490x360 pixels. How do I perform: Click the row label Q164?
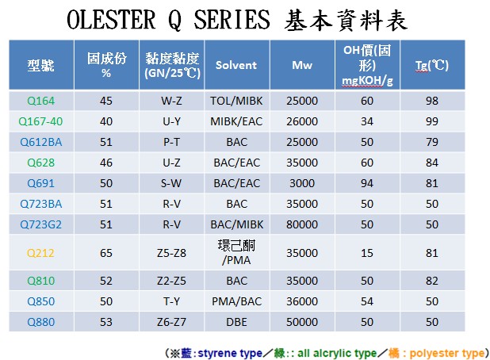(41, 101)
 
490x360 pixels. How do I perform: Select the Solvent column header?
(236, 65)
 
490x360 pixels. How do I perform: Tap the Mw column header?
(302, 65)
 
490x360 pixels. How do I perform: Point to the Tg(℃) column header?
(432, 65)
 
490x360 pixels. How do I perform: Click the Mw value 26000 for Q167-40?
(302, 121)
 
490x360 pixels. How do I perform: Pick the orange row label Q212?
(40, 252)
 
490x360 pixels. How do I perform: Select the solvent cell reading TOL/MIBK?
(236, 101)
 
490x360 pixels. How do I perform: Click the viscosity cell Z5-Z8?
(171, 252)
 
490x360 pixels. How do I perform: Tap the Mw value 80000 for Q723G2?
(302, 224)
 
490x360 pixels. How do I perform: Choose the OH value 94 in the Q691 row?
(367, 183)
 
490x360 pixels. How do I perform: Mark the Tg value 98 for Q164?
(432, 101)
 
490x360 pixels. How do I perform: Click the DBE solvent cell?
(236, 322)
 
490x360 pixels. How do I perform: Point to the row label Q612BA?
(41, 142)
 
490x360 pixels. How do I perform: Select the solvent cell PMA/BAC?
(236, 301)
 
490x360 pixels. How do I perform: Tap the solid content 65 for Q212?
(106, 252)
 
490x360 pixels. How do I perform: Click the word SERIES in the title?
(232, 19)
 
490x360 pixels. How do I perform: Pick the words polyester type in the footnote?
(447, 353)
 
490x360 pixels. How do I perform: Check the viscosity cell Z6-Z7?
(171, 322)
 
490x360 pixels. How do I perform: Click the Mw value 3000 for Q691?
(302, 183)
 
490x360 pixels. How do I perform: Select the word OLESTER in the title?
(111, 19)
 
